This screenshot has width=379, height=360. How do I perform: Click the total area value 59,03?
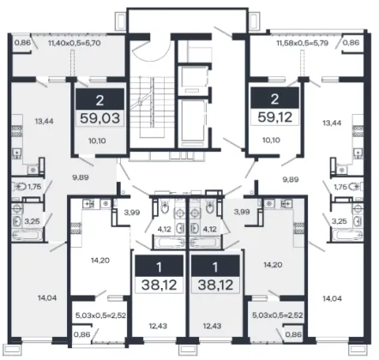99,117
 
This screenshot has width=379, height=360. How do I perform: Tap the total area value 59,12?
275,117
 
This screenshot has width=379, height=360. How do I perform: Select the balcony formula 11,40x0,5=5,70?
75,44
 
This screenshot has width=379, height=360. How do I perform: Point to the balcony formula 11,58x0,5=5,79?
302,43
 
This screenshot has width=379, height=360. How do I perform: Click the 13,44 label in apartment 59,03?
45,121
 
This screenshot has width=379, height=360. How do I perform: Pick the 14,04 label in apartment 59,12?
332,299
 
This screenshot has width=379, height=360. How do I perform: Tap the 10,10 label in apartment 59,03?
97,141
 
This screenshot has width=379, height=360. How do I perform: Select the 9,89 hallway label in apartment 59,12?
291,179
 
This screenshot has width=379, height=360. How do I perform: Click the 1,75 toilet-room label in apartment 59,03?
34,187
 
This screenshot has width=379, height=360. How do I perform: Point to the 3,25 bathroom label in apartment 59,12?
340,221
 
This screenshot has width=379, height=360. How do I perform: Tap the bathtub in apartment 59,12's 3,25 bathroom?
348,236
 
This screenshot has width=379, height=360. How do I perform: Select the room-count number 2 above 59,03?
99,100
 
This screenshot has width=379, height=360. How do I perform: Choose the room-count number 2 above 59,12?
274,99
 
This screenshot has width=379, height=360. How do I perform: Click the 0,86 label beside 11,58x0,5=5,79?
351,43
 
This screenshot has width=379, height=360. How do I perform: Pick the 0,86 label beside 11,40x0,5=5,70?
22,43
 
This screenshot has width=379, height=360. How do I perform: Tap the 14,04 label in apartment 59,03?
47,298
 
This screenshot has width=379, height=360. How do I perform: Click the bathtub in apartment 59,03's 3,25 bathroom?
27,236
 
